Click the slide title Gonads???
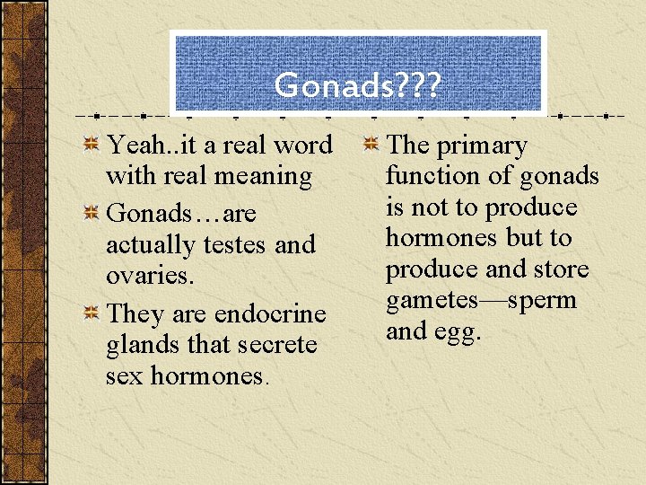pos(357,85)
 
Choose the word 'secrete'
pos(275,345)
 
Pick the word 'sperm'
pos(542,301)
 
